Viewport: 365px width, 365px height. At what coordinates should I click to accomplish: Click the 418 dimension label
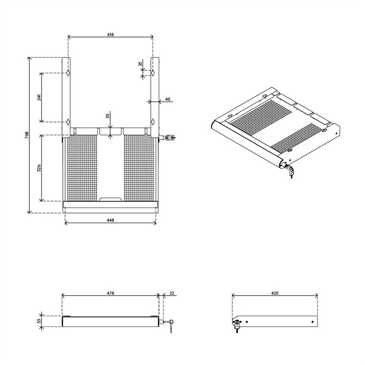(110, 35)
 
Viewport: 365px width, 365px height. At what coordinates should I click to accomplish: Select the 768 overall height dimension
(27, 135)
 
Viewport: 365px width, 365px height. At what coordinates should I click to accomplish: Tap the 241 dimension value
(39, 97)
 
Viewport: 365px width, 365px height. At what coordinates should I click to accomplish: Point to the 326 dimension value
(39, 168)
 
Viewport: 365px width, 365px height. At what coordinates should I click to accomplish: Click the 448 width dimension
(110, 220)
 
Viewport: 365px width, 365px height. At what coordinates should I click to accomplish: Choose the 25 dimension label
(140, 64)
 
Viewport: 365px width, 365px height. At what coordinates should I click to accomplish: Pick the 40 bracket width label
(168, 99)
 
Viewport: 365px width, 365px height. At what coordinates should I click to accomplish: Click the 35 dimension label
(108, 116)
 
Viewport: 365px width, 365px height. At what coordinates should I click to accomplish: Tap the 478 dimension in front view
(110, 293)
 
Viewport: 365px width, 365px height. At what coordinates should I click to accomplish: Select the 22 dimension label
(172, 293)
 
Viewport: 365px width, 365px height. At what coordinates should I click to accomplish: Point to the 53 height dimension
(39, 321)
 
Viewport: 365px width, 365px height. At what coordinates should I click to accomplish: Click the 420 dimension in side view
(275, 293)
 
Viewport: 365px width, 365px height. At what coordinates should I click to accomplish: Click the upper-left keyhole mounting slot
(68, 73)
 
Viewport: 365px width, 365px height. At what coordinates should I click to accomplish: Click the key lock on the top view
(168, 137)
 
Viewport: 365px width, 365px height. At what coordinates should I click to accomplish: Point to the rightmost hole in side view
(313, 322)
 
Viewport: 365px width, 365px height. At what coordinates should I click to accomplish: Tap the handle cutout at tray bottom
(110, 199)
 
